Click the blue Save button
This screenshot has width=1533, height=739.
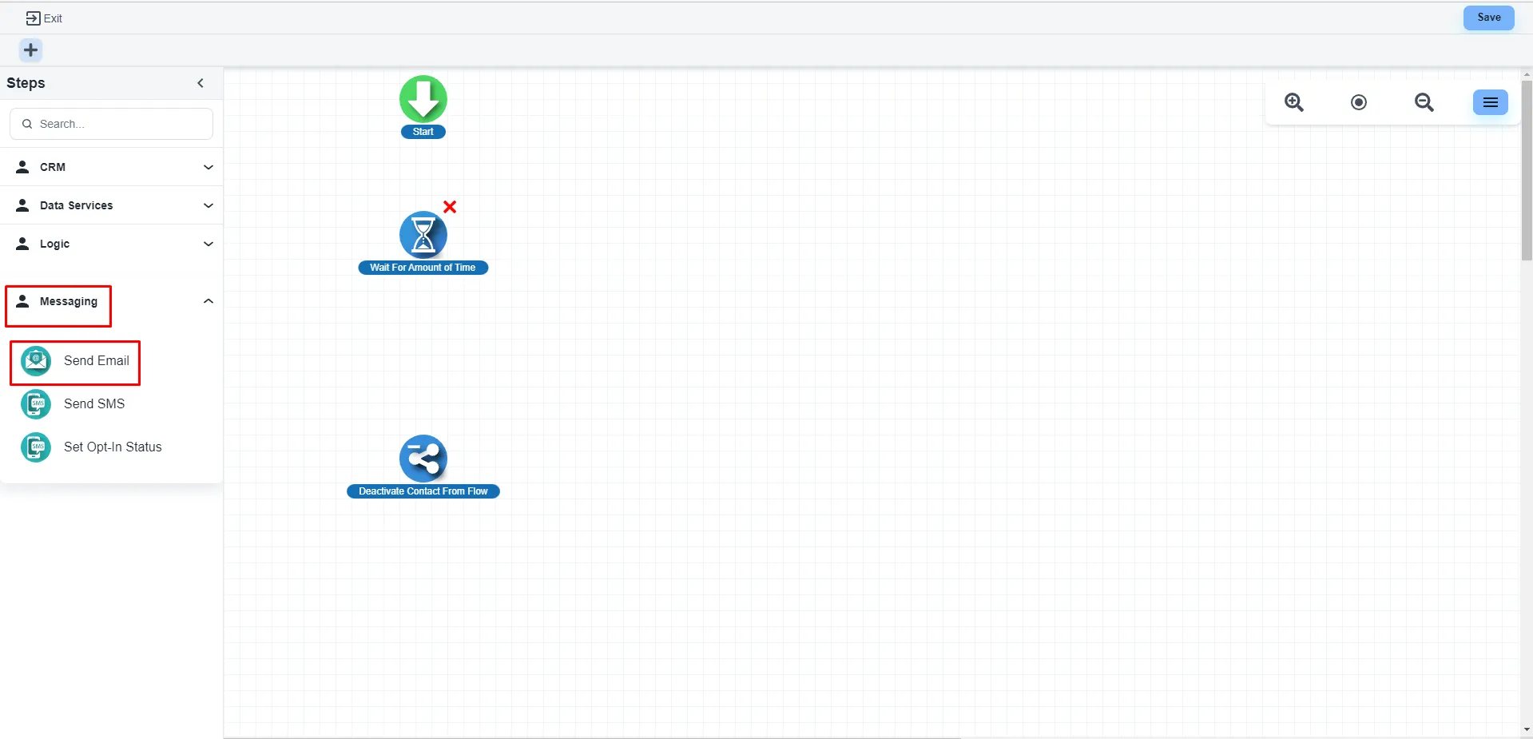(1488, 18)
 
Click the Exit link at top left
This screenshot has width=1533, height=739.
(45, 18)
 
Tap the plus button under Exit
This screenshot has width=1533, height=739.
(30, 50)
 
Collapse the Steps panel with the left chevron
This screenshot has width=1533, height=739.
(201, 83)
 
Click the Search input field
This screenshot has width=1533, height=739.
(112, 124)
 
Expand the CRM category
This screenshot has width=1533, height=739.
(112, 167)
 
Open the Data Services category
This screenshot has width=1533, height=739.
(112, 205)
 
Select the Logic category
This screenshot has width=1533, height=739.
(112, 244)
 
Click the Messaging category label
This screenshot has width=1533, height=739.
(68, 302)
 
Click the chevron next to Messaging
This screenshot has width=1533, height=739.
(209, 301)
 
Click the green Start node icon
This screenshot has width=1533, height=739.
(423, 99)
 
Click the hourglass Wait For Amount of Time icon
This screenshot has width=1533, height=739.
(423, 235)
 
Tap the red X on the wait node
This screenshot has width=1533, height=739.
(450, 207)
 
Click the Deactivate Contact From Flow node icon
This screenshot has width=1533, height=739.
(423, 459)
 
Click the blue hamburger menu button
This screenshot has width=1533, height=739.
(1490, 102)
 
